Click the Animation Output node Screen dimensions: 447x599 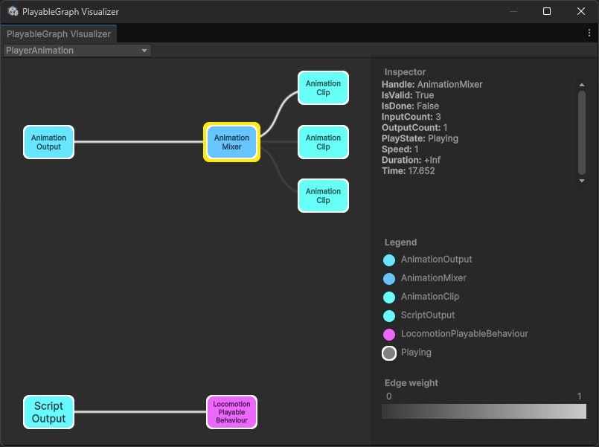[48, 142]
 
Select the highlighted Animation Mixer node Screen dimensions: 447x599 [231, 142]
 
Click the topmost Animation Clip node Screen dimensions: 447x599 [323, 89]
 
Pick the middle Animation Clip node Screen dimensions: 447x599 [323, 142]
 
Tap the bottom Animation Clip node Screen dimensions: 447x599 [323, 196]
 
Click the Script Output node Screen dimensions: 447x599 [48, 412]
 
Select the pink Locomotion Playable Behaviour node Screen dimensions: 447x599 [231, 412]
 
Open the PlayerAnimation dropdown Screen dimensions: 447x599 [77, 51]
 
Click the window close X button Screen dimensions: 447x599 [581, 11]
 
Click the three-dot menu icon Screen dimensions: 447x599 [589, 33]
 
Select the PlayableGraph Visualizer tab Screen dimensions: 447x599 [58, 34]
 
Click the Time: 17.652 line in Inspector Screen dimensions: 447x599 [409, 171]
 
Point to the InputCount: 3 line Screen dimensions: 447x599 [411, 117]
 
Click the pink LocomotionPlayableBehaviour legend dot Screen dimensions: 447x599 [389, 335]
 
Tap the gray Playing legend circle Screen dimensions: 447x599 [389, 353]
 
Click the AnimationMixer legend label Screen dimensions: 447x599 [433, 278]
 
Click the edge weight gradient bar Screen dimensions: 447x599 [484, 411]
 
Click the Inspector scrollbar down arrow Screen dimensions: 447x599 [582, 181]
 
